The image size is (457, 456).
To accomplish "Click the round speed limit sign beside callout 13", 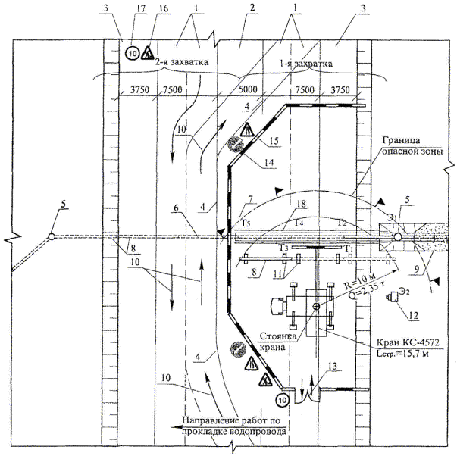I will pos(282,398).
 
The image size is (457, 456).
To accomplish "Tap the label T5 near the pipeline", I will pos(245,223).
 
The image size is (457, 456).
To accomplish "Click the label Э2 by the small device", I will pos(405,292).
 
